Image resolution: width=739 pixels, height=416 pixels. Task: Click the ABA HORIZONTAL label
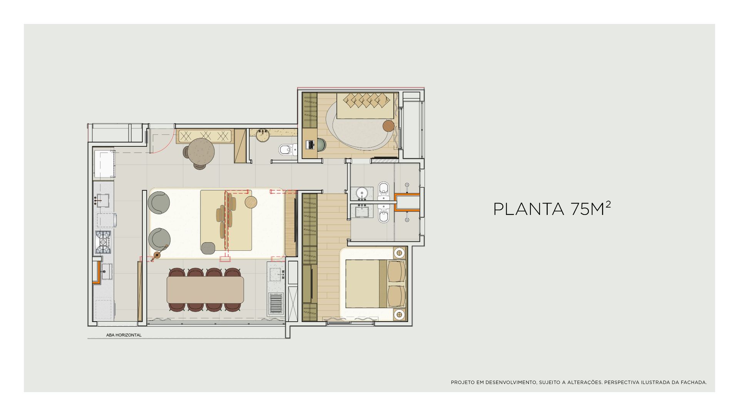(124, 335)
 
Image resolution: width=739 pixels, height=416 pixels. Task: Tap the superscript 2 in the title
(608, 204)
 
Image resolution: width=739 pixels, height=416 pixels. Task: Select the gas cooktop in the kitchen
(103, 242)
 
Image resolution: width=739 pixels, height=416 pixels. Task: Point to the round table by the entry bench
(201, 151)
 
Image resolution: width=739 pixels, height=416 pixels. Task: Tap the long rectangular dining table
(205, 290)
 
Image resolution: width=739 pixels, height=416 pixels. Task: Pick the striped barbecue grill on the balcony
(276, 303)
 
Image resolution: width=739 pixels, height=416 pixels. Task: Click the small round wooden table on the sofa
(251, 202)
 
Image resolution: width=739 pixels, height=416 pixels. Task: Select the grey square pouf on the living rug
(208, 248)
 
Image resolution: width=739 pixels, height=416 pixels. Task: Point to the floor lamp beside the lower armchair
(157, 255)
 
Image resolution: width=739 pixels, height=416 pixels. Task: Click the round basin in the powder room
(263, 136)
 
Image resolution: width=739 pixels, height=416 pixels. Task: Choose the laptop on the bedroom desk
(310, 145)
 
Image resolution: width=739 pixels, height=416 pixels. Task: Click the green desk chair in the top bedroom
(321, 145)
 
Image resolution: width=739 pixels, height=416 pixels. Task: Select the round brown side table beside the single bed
(388, 126)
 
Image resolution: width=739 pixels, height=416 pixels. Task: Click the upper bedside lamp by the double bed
(400, 253)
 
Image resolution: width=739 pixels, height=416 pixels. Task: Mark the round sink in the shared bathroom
(362, 193)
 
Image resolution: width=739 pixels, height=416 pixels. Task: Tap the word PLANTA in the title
(528, 209)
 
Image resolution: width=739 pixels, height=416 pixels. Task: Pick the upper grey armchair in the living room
(159, 203)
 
